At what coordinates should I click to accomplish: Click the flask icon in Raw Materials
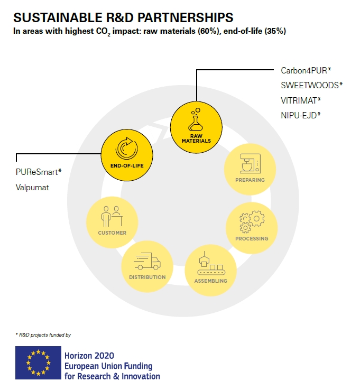(x=196, y=119)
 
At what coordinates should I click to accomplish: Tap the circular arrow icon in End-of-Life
(x=127, y=148)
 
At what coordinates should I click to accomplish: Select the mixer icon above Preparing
(x=250, y=163)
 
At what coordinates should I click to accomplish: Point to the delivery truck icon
(x=147, y=261)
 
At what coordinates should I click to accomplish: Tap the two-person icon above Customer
(x=112, y=216)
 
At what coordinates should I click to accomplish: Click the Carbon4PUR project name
(x=306, y=71)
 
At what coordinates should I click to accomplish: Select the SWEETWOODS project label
(x=312, y=86)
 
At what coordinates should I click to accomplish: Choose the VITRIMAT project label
(x=301, y=101)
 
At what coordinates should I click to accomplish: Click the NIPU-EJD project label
(x=301, y=115)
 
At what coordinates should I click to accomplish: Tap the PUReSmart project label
(x=39, y=172)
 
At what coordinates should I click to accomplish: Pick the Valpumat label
(x=32, y=187)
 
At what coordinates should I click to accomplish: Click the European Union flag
(x=38, y=363)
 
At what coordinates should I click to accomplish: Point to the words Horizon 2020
(x=89, y=356)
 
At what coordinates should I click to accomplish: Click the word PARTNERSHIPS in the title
(x=186, y=17)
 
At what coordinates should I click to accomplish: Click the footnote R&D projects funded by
(x=43, y=335)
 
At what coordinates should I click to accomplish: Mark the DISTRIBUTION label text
(x=147, y=277)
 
